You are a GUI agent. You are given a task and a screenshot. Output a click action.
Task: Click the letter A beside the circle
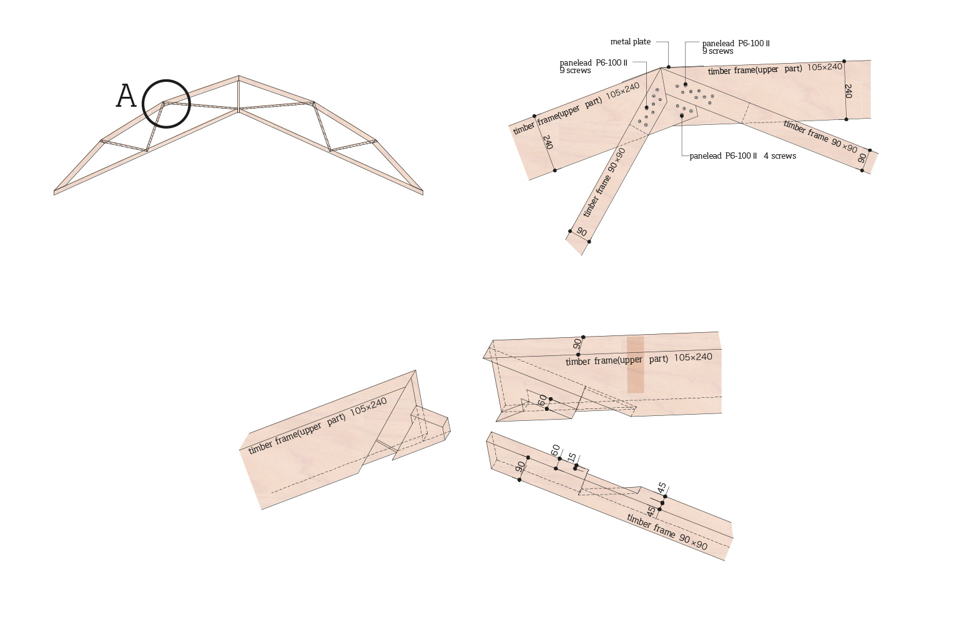pyautogui.click(x=125, y=96)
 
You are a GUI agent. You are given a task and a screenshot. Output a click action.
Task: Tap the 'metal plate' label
pyautogui.click(x=630, y=42)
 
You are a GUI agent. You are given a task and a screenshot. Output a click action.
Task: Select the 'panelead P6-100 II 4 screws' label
pyautogui.click(x=743, y=155)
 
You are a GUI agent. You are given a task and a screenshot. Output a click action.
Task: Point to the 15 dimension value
pyautogui.click(x=572, y=458)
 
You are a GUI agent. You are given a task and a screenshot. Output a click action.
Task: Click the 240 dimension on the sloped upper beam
pyautogui.click(x=548, y=142)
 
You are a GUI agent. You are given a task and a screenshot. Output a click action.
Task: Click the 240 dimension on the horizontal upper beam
pyautogui.click(x=848, y=91)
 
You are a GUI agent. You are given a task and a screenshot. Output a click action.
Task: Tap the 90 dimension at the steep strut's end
pyautogui.click(x=582, y=232)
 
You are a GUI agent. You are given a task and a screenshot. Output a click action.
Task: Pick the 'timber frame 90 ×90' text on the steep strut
pyautogui.click(x=604, y=183)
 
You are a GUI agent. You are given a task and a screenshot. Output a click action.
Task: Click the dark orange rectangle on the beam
pyautogui.click(x=635, y=365)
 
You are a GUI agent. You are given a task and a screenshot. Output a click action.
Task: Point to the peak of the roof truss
pyautogui.click(x=239, y=76)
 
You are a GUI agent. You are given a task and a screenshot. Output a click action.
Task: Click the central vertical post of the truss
pyautogui.click(x=239, y=94)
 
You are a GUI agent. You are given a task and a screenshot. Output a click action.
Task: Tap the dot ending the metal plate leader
pyautogui.click(x=669, y=67)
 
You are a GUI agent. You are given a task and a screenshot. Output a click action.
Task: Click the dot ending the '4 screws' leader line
pyautogui.click(x=682, y=116)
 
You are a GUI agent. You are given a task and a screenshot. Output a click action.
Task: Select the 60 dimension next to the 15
pyautogui.click(x=555, y=451)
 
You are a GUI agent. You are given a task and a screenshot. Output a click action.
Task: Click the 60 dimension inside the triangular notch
pyautogui.click(x=542, y=400)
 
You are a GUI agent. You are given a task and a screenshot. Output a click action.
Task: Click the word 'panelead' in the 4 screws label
pyautogui.click(x=706, y=156)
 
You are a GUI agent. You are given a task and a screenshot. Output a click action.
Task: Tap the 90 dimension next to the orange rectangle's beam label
pyautogui.click(x=577, y=344)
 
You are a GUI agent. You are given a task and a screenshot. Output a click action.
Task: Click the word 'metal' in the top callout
pyautogui.click(x=619, y=42)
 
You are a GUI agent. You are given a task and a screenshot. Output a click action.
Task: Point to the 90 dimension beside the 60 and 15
pyautogui.click(x=520, y=467)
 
